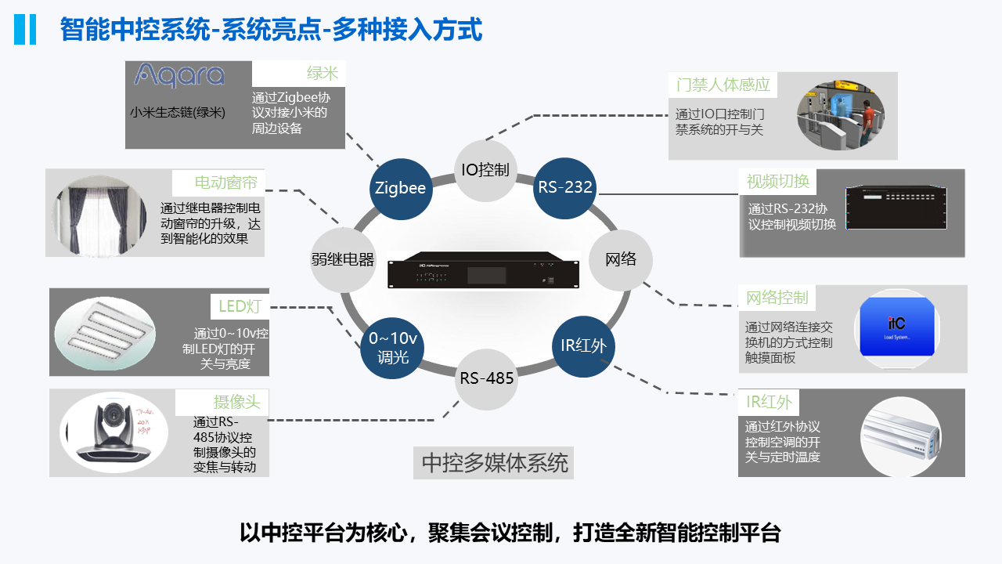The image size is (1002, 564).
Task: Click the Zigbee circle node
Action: tap(400, 188)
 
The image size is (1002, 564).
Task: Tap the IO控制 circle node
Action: tap(485, 170)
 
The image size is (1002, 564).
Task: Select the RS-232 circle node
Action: tap(564, 188)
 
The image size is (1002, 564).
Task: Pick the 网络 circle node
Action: tap(621, 259)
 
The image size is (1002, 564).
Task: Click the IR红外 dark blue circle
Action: tap(583, 345)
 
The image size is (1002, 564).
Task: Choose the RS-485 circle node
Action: tap(486, 378)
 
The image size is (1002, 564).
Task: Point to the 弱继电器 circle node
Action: tap(343, 260)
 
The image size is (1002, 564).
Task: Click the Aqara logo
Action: tap(179, 75)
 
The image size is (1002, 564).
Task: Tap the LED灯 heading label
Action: tap(240, 306)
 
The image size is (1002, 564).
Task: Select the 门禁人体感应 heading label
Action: tap(723, 85)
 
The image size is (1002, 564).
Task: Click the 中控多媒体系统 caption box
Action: tap(494, 463)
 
